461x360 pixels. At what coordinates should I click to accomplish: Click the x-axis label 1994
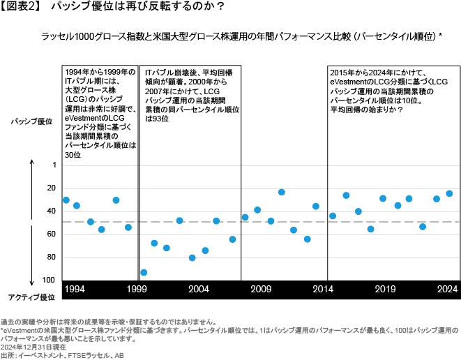tap(75, 288)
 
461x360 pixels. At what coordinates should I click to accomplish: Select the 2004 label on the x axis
tap(199, 288)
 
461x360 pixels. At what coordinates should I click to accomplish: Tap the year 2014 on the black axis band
tap(323, 288)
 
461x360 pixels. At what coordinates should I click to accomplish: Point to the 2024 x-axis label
tap(446, 288)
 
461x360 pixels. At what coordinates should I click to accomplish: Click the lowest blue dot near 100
tap(144, 273)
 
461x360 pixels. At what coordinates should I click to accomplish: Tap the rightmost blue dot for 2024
tap(449, 193)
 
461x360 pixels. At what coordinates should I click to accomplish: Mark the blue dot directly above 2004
tap(192, 258)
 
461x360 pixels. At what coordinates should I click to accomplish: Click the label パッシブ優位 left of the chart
tap(31, 121)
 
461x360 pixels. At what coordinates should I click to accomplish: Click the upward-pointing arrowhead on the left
tap(32, 162)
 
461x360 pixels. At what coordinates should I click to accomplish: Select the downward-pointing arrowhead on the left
tap(32, 281)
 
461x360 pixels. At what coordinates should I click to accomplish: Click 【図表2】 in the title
tap(21, 8)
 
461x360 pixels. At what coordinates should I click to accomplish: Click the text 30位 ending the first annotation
tap(73, 153)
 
